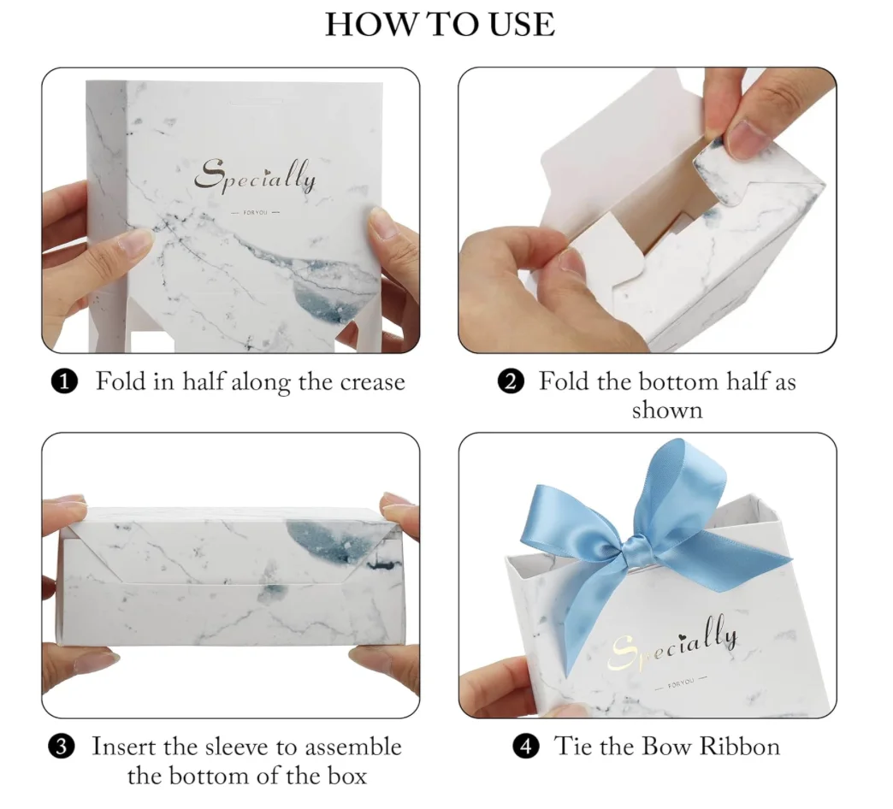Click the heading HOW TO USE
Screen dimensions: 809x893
point(440,24)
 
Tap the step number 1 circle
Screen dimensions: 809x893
point(65,382)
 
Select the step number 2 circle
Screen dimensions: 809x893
point(510,382)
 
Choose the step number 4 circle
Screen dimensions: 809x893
point(526,747)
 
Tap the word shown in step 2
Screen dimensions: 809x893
point(667,410)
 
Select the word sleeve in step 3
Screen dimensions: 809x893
point(240,747)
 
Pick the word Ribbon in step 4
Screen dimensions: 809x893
point(740,747)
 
